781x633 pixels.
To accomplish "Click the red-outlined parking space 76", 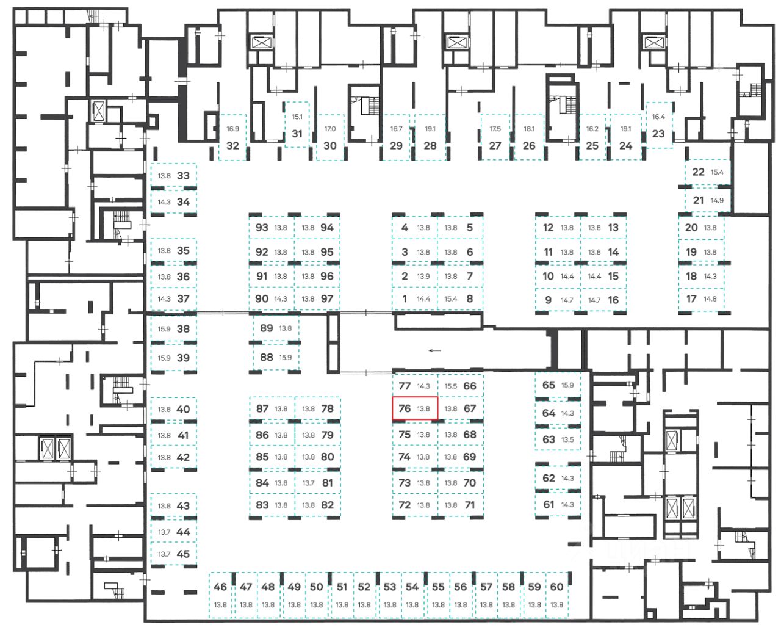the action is pos(415,408).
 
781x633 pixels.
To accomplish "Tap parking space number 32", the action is pos(232,146).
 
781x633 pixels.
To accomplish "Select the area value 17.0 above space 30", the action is pos(330,129).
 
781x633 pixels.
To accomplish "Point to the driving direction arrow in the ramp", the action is pos(434,350).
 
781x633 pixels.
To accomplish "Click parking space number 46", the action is pos(220,587).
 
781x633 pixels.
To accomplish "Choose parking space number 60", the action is pos(556,587).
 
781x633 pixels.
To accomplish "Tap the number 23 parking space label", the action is pos(658,134).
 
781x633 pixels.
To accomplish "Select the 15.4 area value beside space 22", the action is pos(717,172).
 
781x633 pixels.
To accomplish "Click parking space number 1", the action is pos(405,299).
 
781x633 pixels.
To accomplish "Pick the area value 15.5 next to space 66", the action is pos(451,386).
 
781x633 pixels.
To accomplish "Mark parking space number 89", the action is pos(267,328).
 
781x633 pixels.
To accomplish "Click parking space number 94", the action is pos(327,228).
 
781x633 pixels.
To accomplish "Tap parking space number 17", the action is pos(691,299).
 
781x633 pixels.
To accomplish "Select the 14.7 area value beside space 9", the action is pos(567,300).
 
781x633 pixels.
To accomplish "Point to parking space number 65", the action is pos(549,385).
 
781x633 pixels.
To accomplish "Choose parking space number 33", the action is pos(183,176).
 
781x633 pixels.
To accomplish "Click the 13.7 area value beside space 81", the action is pos(308,483).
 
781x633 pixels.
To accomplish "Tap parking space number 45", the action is pos(183,554).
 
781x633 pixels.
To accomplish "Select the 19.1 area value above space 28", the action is pos(430,129).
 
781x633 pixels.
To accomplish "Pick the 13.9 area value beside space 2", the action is pos(423,277).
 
